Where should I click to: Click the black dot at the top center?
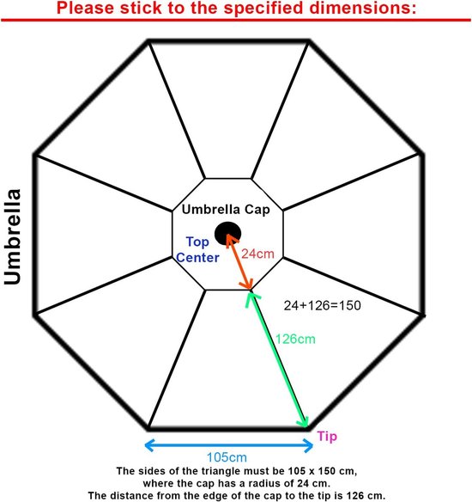pyautogui.click(x=227, y=234)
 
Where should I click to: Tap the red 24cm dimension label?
pyautogui.click(x=258, y=254)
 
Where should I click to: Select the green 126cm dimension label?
pyautogui.click(x=295, y=339)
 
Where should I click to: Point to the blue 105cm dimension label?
pyautogui.click(x=227, y=457)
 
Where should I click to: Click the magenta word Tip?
pyautogui.click(x=327, y=437)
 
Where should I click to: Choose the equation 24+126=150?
pyautogui.click(x=322, y=305)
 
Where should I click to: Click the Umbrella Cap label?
pyautogui.click(x=226, y=210)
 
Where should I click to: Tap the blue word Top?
pyautogui.click(x=197, y=242)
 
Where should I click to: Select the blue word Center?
pyautogui.click(x=197, y=258)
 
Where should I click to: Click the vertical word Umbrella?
pyautogui.click(x=13, y=236)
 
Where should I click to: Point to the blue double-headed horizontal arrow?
pyautogui.click(x=229, y=445)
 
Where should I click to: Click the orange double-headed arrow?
pyautogui.click(x=239, y=261)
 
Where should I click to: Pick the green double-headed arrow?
pyautogui.click(x=277, y=359)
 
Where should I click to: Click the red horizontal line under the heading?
pyautogui.click(x=236, y=20)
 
